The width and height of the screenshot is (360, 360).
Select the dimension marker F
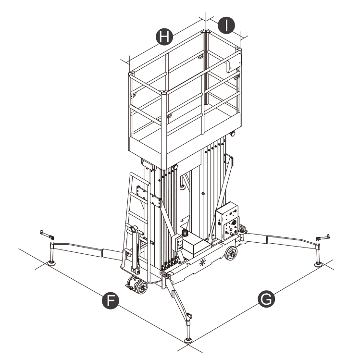coord(112,301)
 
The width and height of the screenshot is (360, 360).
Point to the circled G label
coord(266,298)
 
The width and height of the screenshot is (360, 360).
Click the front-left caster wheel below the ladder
coord(141,288)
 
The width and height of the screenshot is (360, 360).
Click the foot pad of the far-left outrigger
coord(50,262)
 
